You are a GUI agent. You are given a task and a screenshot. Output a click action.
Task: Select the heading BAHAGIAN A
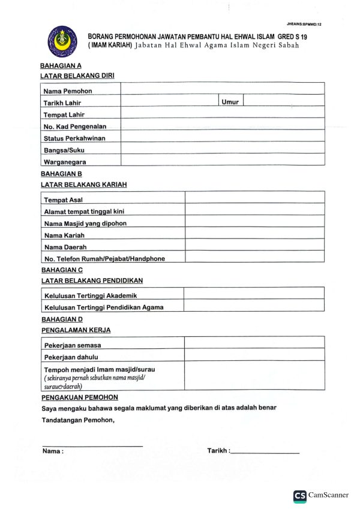tap(61, 65)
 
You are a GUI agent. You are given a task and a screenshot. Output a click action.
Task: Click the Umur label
tap(230, 102)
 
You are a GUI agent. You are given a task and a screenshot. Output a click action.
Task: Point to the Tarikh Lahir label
tap(62, 103)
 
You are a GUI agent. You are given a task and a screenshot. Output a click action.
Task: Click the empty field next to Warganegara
tap(223, 161)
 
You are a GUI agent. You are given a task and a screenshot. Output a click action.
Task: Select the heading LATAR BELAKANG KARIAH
tap(83, 185)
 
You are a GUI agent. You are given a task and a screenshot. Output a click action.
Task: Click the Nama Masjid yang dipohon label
tap(85, 223)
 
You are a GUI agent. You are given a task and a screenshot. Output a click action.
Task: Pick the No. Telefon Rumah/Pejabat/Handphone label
tap(104, 258)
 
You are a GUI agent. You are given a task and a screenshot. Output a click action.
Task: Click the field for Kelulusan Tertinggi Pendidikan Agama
tap(254, 306)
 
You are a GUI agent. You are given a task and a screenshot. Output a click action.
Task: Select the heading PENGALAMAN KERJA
tap(76, 330)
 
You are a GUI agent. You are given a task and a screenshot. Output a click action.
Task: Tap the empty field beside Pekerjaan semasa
tap(254, 344)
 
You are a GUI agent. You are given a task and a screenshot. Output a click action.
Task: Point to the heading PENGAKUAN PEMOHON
tap(79, 397)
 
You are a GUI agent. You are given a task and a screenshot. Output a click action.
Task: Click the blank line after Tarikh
tap(265, 451)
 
